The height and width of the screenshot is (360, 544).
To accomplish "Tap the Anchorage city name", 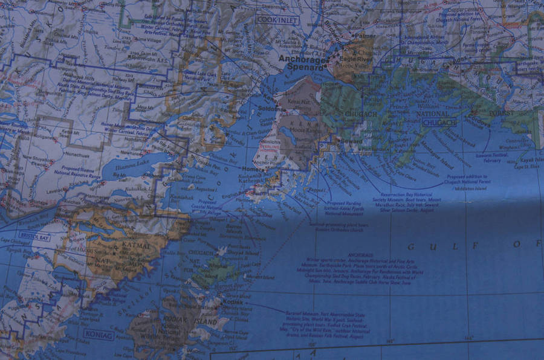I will click(303, 59).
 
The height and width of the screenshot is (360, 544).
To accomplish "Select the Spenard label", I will click(306, 68).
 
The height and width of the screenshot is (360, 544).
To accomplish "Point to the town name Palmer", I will click(364, 37).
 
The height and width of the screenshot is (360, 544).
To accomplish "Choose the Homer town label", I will click(250, 169).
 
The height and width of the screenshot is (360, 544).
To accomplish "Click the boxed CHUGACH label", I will click(439, 123).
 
